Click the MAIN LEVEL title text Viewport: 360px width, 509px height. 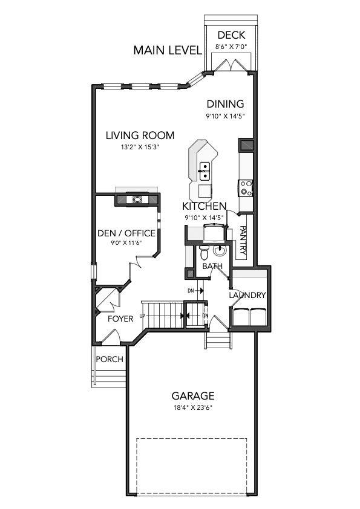click(167, 50)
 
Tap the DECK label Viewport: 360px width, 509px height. click(231, 35)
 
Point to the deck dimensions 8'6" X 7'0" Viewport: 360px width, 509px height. click(231, 46)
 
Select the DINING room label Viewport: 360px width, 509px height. click(224, 104)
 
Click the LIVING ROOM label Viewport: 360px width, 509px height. click(140, 135)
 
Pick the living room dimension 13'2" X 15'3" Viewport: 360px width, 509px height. click(140, 147)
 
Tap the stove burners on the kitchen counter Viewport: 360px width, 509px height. click(246, 187)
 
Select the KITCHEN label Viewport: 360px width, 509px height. click(205, 206)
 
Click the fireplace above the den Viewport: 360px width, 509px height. click(137, 199)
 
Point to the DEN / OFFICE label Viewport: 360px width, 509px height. click(126, 233)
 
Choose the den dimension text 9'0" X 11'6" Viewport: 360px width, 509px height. click(126, 243)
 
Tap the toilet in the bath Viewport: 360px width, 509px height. click(205, 250)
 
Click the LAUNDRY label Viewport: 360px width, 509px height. click(247, 295)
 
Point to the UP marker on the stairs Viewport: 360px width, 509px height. click(143, 316)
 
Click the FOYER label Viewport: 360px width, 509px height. click(120, 319)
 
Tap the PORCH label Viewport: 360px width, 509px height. click(110, 359)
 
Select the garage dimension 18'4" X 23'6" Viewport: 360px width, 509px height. click(192, 407)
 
